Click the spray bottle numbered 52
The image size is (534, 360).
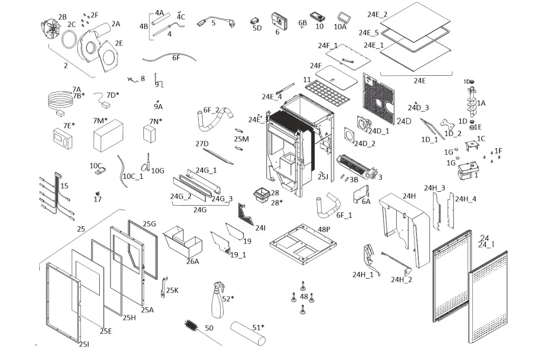pos(217,299)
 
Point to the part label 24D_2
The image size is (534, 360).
pos(365,143)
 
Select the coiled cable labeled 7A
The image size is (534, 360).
pos(58,102)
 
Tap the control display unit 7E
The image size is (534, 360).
pos(64,139)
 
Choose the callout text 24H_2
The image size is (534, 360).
pos(401,280)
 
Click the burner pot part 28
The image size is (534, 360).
pos(261,197)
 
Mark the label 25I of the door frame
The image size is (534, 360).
pos(84,344)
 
